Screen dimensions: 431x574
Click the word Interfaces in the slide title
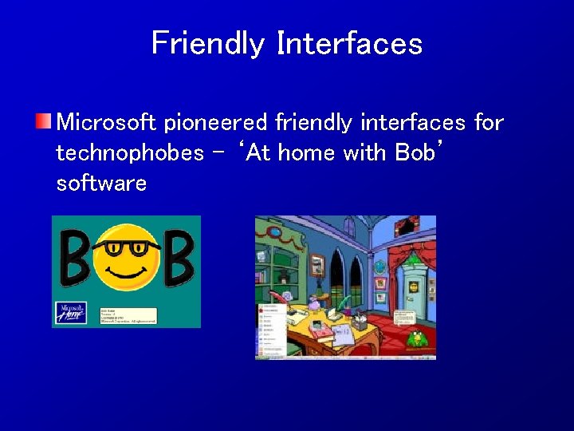349,43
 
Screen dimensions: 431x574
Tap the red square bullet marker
43,122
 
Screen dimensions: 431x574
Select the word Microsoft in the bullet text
108,123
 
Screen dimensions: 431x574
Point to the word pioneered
216,124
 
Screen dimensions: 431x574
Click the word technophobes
130,153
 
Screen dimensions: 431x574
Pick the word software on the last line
101,184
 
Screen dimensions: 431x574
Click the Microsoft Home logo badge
69,312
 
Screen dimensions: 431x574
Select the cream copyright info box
128,314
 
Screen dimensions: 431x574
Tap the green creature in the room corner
415,338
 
